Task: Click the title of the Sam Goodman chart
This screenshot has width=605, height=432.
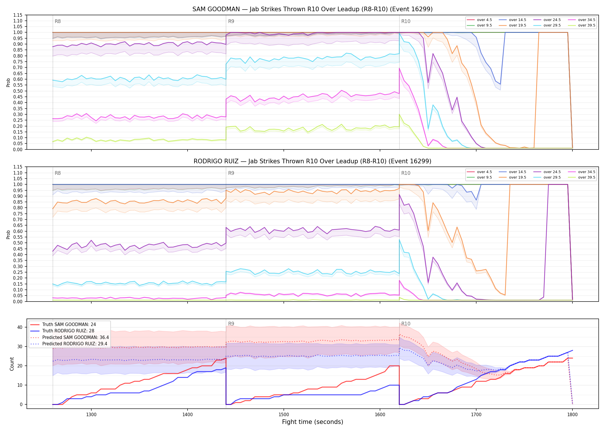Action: (312, 9)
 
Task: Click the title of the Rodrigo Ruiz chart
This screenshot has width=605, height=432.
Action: (312, 161)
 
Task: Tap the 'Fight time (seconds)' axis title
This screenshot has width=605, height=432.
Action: (313, 422)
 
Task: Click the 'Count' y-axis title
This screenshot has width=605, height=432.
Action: (12, 364)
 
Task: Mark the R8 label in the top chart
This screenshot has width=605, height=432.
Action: (58, 21)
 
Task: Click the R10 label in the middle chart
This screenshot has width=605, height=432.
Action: (406, 173)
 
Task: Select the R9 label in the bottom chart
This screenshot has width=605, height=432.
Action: (231, 324)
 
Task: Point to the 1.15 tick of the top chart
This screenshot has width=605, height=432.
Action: (18, 15)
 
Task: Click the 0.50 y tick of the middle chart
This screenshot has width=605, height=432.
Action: (18, 243)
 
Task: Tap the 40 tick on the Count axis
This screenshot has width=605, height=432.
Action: (20, 327)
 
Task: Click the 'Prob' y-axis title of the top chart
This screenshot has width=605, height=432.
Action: (8, 82)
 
